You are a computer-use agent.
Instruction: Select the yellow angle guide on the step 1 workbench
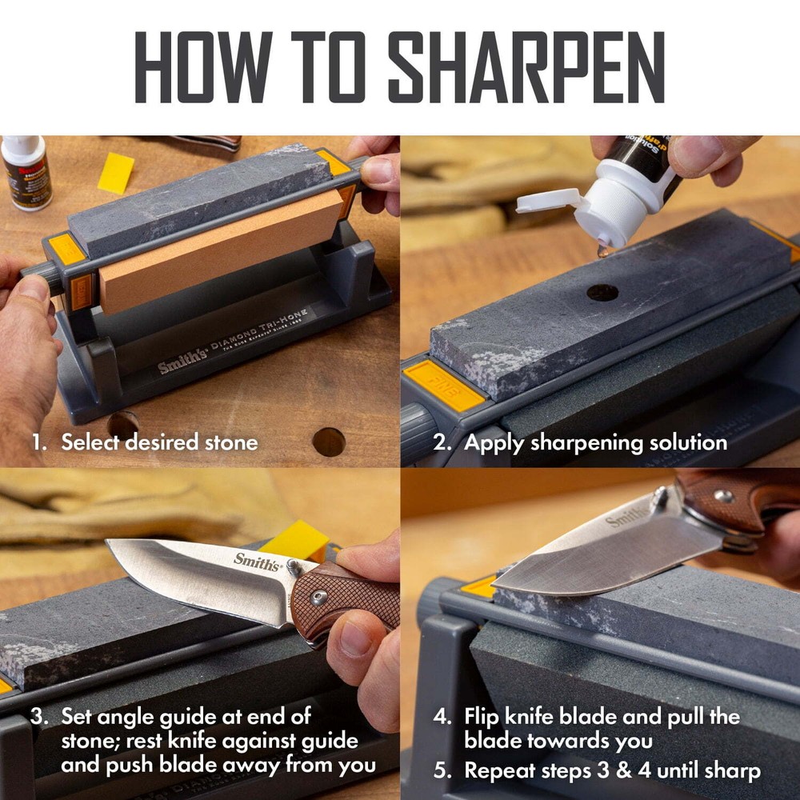[x=116, y=173]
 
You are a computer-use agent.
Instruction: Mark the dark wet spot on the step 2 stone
[x=602, y=292]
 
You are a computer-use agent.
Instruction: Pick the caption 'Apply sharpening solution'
[x=595, y=442]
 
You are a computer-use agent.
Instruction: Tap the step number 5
[x=441, y=771]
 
